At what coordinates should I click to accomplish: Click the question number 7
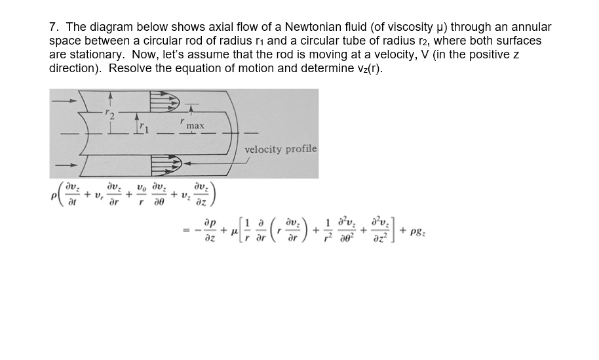53,28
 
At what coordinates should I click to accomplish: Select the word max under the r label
195,125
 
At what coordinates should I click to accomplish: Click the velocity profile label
280,149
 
